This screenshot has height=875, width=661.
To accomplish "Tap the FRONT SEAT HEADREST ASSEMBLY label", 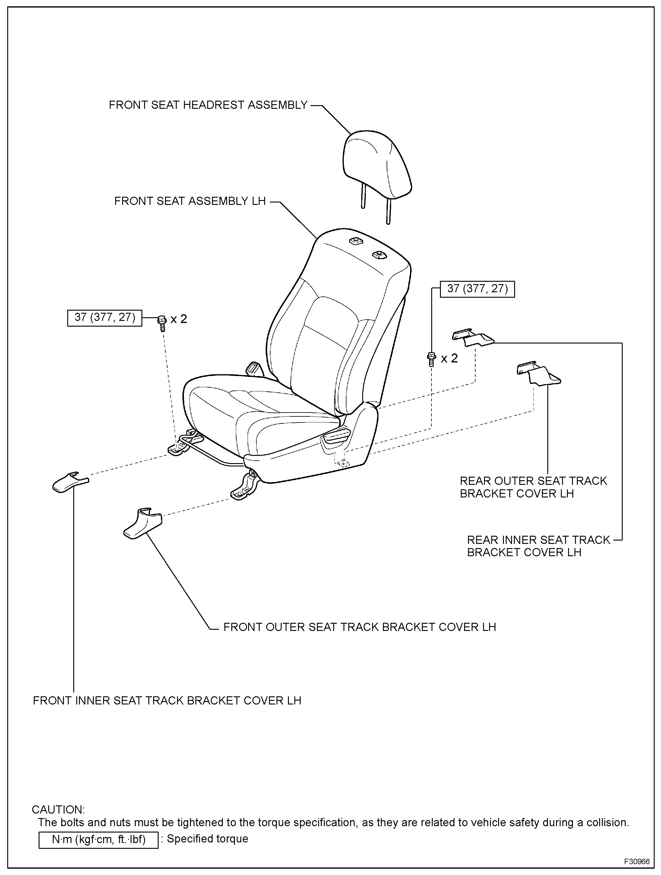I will click(208, 105).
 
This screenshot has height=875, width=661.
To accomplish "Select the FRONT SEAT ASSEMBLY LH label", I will click(190, 201).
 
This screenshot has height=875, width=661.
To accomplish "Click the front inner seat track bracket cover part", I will click(69, 482).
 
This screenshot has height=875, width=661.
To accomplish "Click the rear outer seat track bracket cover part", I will click(538, 373).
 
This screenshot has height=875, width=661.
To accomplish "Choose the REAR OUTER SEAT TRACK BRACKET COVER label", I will click(533, 487).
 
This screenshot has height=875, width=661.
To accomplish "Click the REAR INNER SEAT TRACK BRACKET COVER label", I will click(538, 546).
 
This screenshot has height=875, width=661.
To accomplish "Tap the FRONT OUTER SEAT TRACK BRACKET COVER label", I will click(359, 627).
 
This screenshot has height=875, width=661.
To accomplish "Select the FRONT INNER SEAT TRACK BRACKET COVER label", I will click(167, 701).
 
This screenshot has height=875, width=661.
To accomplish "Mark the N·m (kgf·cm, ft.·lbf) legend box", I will click(98, 839).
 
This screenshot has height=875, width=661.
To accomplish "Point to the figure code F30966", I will click(637, 861).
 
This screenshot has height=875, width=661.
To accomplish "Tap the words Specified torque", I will click(207, 839).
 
